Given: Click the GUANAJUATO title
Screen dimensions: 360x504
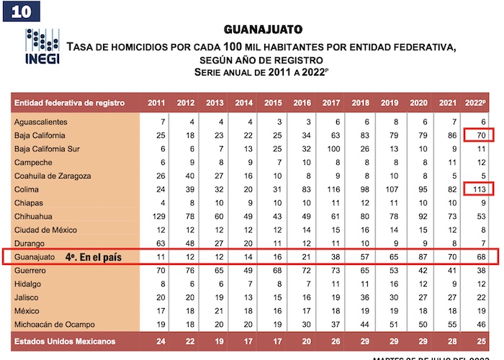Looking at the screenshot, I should pyautogui.click(x=263, y=30).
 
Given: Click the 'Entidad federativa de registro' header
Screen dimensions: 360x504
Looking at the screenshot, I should pyautogui.click(x=70, y=103).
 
